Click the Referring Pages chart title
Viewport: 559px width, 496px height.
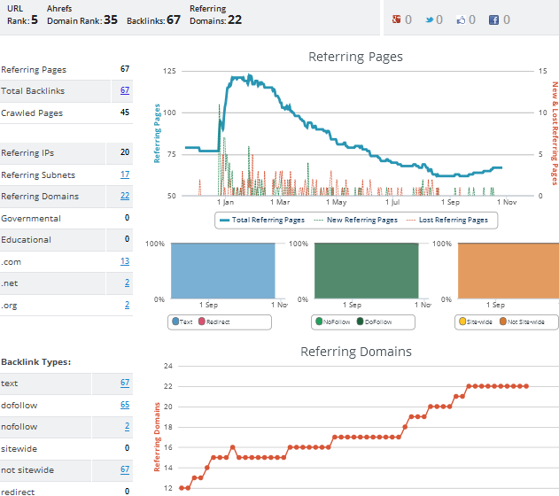pos(355,57)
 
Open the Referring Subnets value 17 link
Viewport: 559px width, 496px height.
pos(125,174)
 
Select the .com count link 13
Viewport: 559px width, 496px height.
pos(125,261)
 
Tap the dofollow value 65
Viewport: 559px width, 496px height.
pos(125,405)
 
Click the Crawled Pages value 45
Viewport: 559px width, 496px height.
pos(125,112)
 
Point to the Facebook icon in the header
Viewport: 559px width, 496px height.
pos(493,20)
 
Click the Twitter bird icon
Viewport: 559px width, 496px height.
pos(430,20)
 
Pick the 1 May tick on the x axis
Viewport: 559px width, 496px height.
pos(336,202)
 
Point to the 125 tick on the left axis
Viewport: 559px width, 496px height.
pos(169,71)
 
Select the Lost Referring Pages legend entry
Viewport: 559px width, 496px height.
pos(447,220)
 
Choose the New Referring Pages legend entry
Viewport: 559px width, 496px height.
pos(356,220)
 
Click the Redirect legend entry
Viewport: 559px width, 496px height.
pos(214,322)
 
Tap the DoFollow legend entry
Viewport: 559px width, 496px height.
pos(375,322)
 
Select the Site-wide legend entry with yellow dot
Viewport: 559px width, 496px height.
pos(476,322)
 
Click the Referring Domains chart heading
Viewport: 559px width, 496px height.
pos(356,352)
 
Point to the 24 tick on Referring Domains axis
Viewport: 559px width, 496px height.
pos(168,366)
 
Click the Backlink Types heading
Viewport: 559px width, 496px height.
pos(36,362)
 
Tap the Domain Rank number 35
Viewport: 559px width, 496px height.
pos(111,19)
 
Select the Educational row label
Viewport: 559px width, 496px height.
pos(26,239)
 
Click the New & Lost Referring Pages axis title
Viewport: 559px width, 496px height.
pos(555,133)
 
